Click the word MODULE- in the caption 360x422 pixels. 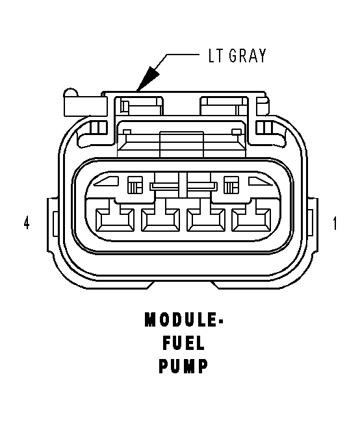(x=184, y=319)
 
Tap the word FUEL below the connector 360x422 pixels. (x=184, y=343)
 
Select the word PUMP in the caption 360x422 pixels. (x=184, y=366)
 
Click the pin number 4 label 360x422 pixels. (x=27, y=223)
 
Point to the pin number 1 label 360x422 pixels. (x=335, y=223)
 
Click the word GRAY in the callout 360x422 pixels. (x=248, y=56)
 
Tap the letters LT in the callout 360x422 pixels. (x=216, y=56)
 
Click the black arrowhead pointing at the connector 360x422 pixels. (x=148, y=79)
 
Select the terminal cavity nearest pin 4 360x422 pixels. (x=115, y=220)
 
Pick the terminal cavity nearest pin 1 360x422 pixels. (x=251, y=220)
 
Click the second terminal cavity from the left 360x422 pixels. (x=161, y=220)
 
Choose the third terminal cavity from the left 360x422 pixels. (x=206, y=220)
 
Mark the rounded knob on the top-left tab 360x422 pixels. (x=71, y=92)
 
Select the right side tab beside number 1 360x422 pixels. (x=313, y=225)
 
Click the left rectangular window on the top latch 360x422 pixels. (x=139, y=106)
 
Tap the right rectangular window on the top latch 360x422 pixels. (x=224, y=106)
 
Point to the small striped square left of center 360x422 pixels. (x=135, y=184)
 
